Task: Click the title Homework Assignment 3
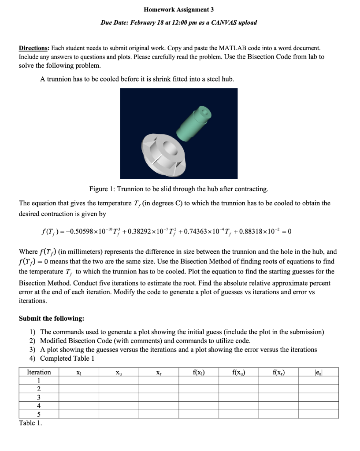pos(178,9)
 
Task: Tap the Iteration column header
pos(39,372)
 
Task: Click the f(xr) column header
pos(278,372)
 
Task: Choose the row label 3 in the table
pos(39,397)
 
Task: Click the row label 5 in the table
pos(39,414)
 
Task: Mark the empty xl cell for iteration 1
pos(78,381)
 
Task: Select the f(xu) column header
pos(238,372)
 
